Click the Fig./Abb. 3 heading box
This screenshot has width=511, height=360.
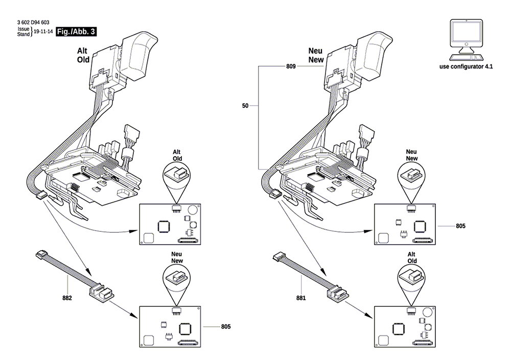click(76, 32)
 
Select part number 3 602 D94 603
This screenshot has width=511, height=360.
click(33, 22)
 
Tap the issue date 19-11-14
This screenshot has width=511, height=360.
click(43, 32)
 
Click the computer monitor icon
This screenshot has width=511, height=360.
click(466, 40)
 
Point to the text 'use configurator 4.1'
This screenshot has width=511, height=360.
click(466, 66)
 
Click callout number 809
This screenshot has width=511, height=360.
click(291, 66)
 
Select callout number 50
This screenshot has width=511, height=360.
click(245, 106)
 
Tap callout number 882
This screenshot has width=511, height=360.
click(67, 298)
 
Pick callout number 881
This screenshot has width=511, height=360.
click(301, 298)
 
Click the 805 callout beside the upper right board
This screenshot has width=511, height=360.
click(460, 226)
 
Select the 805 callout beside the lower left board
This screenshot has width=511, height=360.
click(226, 326)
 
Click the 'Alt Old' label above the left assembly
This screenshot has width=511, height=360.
click(83, 55)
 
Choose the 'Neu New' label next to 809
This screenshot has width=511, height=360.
click(316, 55)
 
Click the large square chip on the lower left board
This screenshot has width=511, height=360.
click(185, 328)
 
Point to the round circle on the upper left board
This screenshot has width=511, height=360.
click(193, 209)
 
